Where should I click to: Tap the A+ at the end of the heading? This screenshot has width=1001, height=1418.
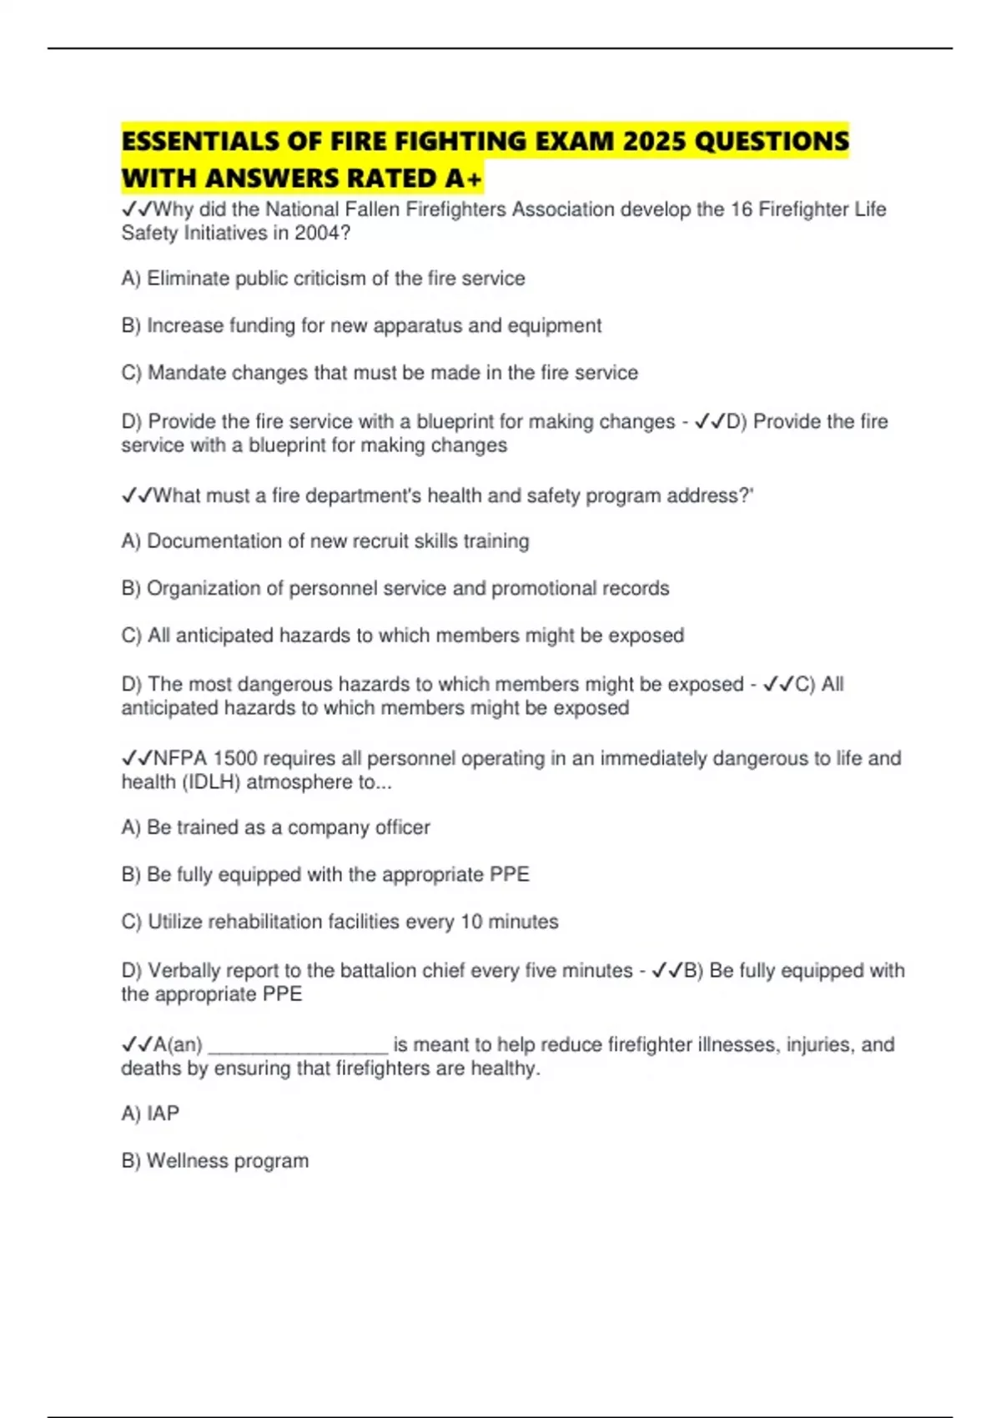[463, 179]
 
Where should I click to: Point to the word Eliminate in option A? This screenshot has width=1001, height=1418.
[188, 279]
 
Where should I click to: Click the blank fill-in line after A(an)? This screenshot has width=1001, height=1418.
[298, 1047]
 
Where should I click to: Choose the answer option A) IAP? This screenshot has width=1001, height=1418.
[150, 1114]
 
